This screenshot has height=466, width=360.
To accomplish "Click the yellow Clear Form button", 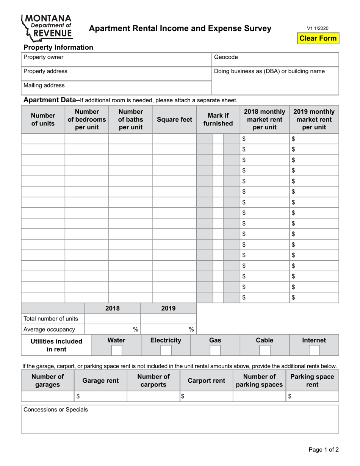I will (318, 38).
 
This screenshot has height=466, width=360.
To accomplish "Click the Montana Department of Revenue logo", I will (47, 27).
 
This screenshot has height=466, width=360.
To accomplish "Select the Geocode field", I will (275, 59).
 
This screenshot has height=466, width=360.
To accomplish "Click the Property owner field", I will (116, 59).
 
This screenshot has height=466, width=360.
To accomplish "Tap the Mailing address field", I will (116, 87).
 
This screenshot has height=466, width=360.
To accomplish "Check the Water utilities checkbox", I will (116, 350).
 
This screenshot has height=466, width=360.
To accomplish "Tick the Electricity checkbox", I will (166, 350).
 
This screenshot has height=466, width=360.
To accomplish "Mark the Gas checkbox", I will (215, 350).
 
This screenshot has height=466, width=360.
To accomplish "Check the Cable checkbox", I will (265, 350).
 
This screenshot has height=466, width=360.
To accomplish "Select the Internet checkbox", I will (314, 350).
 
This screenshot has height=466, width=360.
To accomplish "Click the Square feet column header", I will (174, 120).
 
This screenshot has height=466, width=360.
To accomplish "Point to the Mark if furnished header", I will (218, 120).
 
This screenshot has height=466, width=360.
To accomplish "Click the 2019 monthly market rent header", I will (314, 119).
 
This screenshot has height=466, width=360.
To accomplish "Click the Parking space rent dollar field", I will (312, 396).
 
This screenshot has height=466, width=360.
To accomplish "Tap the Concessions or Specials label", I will (56, 410).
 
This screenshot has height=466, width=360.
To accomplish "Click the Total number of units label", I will (51, 319).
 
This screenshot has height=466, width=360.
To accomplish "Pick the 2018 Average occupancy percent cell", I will (113, 329).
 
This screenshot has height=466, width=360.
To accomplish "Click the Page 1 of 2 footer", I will (323, 450).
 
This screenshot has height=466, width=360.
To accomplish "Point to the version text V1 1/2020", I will (318, 28).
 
